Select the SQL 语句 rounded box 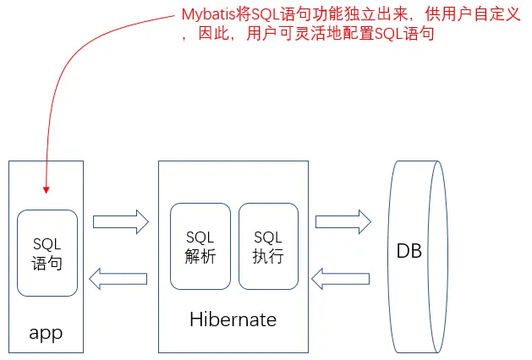pyautogui.click(x=47, y=253)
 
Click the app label pyautogui.click(x=46, y=332)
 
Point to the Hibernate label pyautogui.click(x=233, y=319)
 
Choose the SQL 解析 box pyautogui.click(x=200, y=246)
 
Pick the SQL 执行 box pyautogui.click(x=268, y=246)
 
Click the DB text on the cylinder pyautogui.click(x=409, y=252)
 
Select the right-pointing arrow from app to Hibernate pyautogui.click(x=120, y=222)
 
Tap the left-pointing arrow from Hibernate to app pyautogui.click(x=119, y=278)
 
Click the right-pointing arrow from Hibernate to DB pyautogui.click(x=343, y=222)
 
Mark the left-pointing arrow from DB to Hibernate pyautogui.click(x=342, y=278)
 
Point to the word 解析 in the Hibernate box pyautogui.click(x=200, y=256)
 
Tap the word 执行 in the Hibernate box pyautogui.click(x=268, y=256)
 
